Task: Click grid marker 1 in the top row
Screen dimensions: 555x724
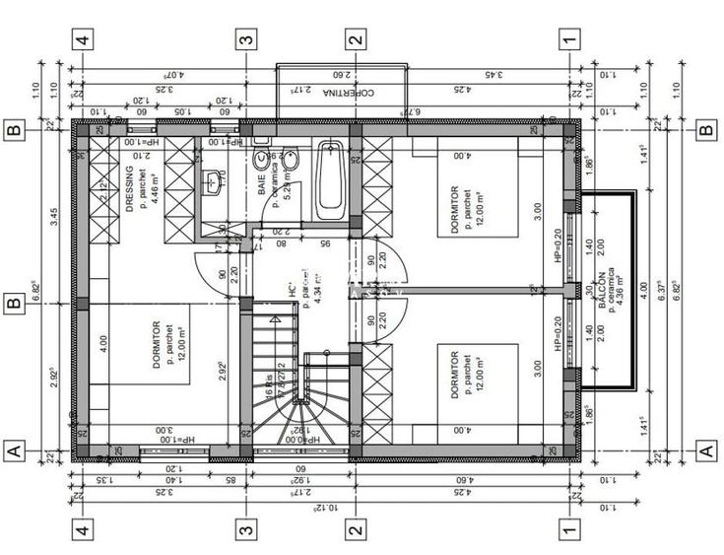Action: [x=568, y=40]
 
